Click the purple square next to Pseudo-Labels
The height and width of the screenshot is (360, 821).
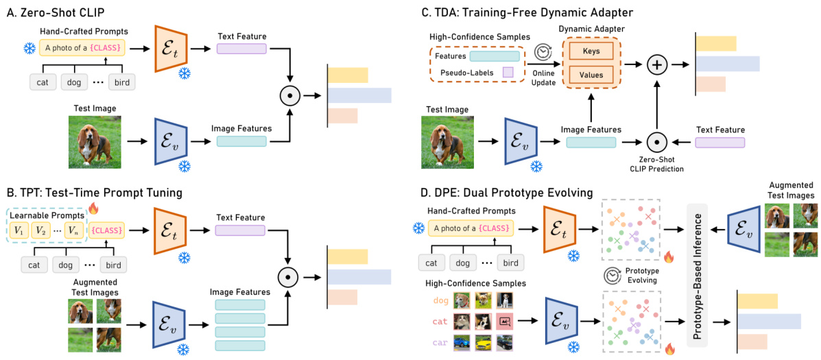click(x=508, y=72)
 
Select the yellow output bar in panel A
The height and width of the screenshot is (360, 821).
click(x=348, y=75)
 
